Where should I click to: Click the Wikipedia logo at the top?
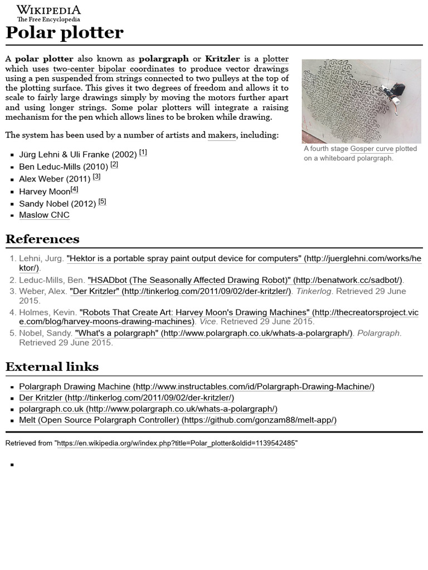pyautogui.click(x=48, y=13)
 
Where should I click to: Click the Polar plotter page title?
pyautogui.click(x=64, y=33)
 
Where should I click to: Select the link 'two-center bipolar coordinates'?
pyautogui.click(x=114, y=69)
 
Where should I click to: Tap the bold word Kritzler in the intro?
pyautogui.click(x=222, y=59)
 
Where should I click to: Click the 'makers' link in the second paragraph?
pyautogui.click(x=222, y=135)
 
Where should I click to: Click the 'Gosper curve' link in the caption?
pyautogui.click(x=372, y=149)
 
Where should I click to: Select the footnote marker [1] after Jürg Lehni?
pyautogui.click(x=143, y=153)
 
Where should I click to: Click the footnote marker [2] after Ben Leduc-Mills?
pyautogui.click(x=114, y=165)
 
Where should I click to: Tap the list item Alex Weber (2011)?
pyautogui.click(x=55, y=179)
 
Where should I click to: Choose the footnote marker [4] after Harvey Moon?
pyautogui.click(x=74, y=189)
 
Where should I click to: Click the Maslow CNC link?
pyautogui.click(x=44, y=215)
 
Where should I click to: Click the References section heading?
pyautogui.click(x=42, y=239)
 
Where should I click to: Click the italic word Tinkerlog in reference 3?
pyautogui.click(x=314, y=291)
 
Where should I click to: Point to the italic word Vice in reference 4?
pyautogui.click(x=207, y=322)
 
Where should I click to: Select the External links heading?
pyautogui.click(x=52, y=367)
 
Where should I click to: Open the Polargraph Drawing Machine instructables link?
pyautogui.click(x=196, y=387)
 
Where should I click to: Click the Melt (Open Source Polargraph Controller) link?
pyautogui.click(x=177, y=420)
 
